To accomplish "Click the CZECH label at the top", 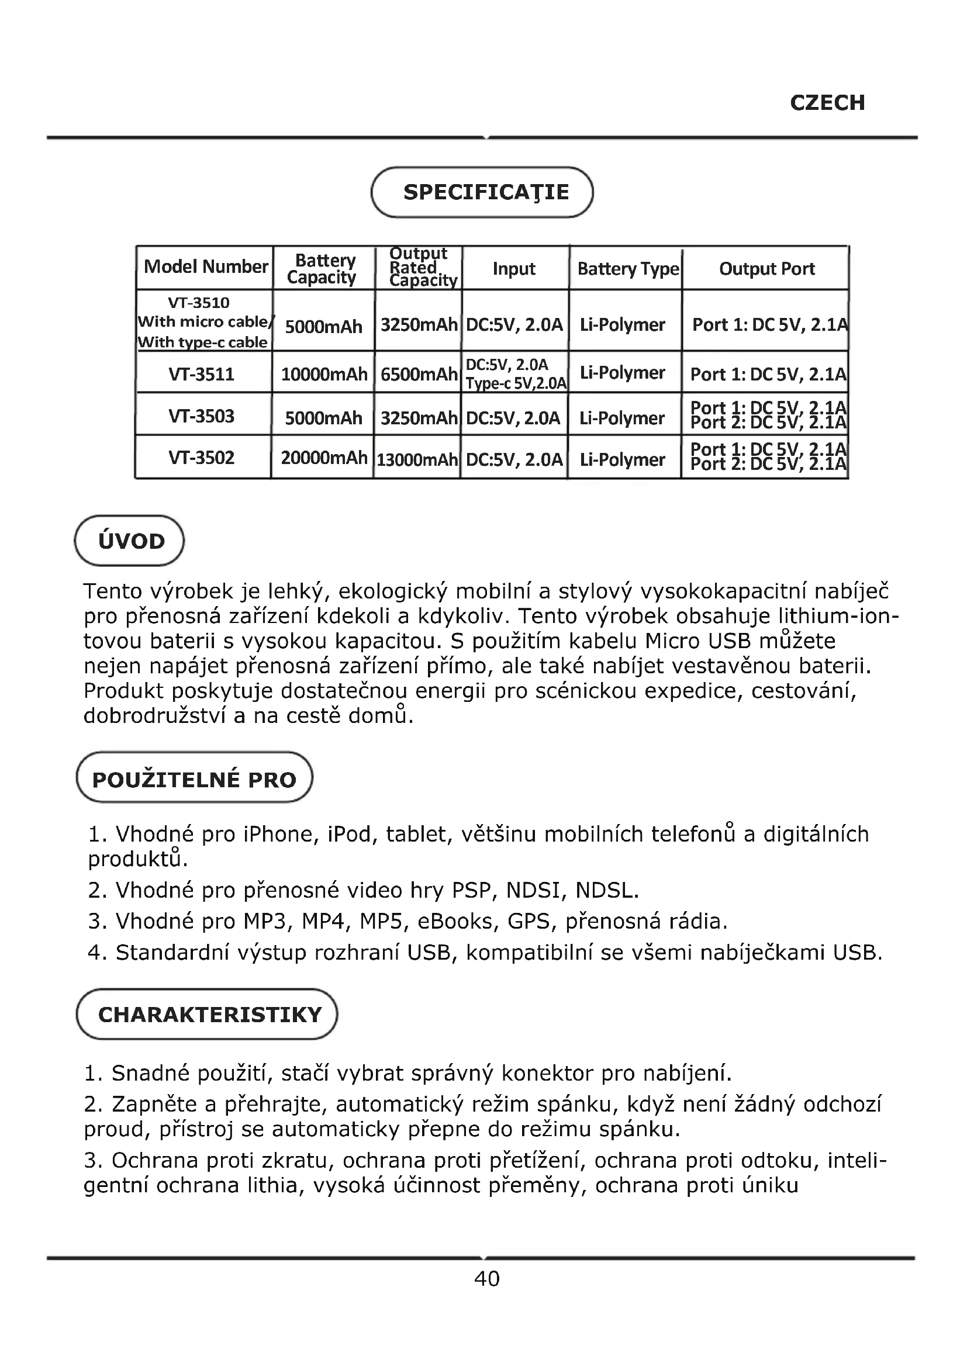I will (x=827, y=103).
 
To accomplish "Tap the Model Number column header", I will (x=205, y=267).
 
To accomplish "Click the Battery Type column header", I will (x=627, y=269).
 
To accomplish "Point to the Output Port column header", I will (x=766, y=269).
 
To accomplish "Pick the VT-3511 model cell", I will (x=201, y=375).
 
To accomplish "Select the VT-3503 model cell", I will (x=201, y=416).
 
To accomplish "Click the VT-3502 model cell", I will (x=201, y=458).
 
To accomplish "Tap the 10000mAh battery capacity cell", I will (x=324, y=375).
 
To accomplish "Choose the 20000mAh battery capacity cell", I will (x=324, y=458).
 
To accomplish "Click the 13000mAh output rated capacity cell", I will (x=417, y=459).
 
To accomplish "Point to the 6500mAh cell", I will (x=419, y=375).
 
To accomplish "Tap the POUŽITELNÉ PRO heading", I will (x=194, y=780).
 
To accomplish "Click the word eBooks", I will (x=455, y=922).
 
